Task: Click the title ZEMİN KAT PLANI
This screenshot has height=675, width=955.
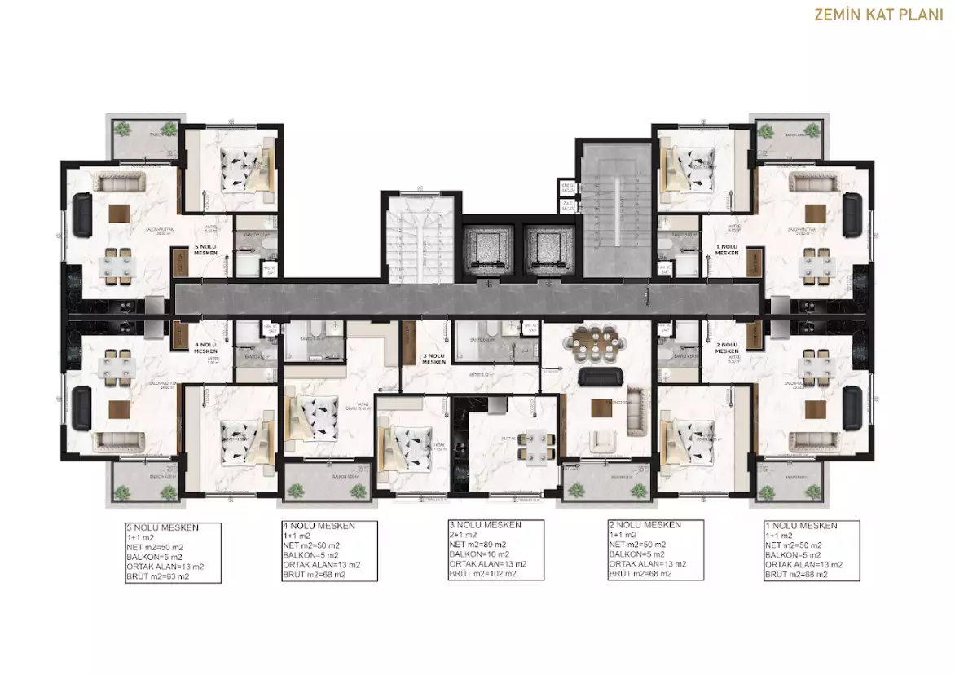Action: pos(879,14)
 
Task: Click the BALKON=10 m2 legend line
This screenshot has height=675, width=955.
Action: pos(482,554)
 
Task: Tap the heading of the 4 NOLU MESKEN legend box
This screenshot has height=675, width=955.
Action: pos(317,526)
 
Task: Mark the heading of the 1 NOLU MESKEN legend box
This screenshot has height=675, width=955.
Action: pos(801,526)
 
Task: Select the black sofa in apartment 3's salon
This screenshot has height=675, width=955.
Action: pos(601,376)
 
